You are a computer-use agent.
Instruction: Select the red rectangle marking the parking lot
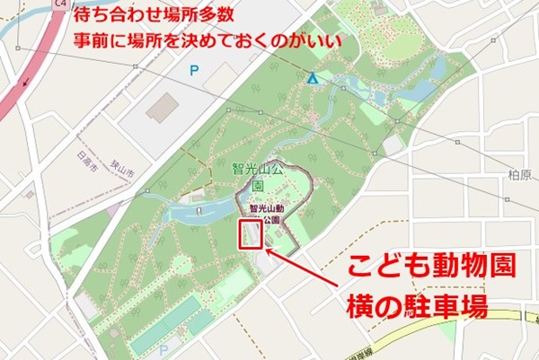point(249,234)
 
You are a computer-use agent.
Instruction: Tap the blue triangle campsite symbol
point(312,80)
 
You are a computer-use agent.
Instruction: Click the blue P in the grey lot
point(192,68)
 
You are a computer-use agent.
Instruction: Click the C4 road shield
point(61,4)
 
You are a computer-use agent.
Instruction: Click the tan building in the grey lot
point(163,109)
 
